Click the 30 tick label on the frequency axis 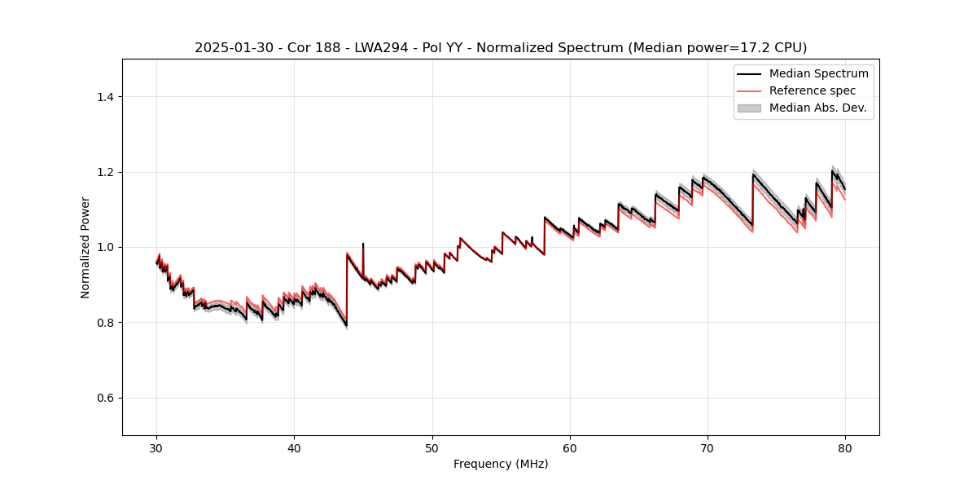(156, 447)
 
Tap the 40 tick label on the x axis (294, 447)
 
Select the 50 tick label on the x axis (432, 447)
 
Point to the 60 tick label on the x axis (570, 447)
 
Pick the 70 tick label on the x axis (708, 447)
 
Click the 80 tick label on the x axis (845, 447)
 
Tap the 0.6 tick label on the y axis (105, 398)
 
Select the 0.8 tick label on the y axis (105, 323)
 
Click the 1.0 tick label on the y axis (105, 247)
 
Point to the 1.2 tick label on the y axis (105, 172)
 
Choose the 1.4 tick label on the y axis (105, 97)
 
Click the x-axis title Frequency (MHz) (501, 464)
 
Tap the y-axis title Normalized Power (85, 247)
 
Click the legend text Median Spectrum (819, 73)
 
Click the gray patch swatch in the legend (749, 108)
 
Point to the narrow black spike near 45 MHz (363, 245)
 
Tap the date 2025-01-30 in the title (230, 48)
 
